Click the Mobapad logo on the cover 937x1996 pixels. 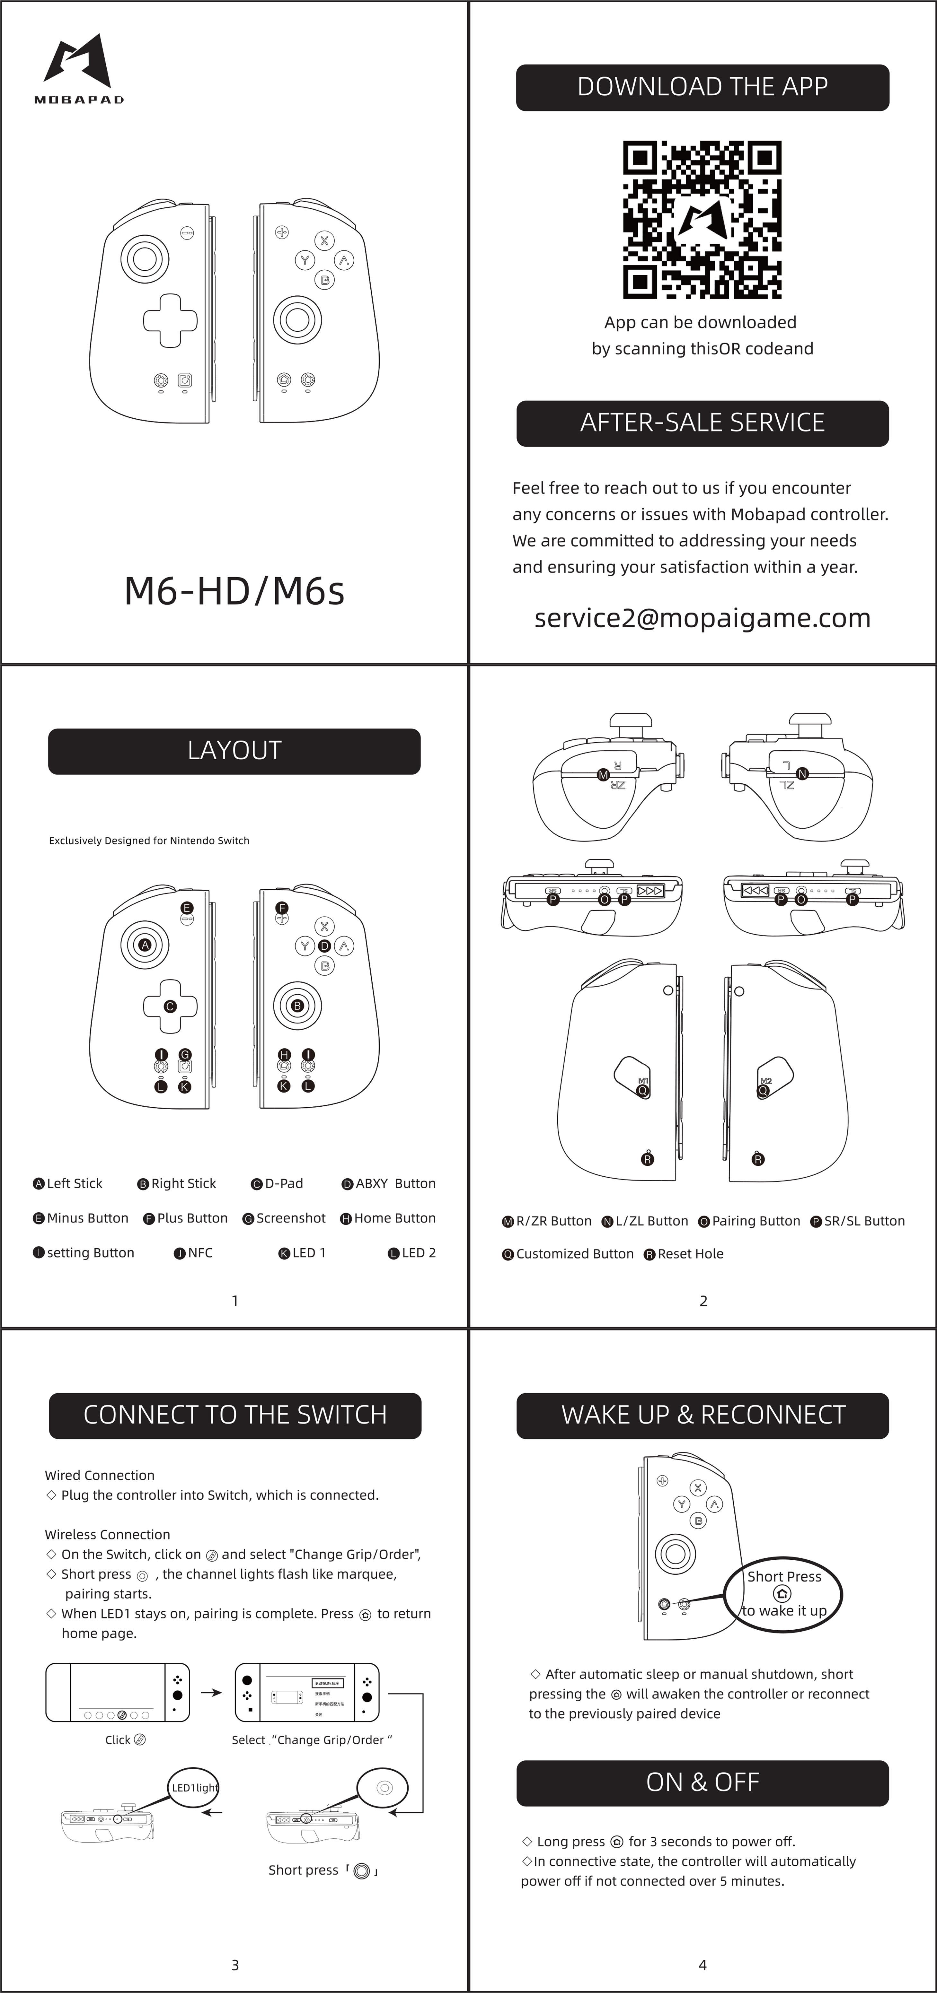pyautogui.click(x=78, y=68)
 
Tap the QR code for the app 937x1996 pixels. pyautogui.click(x=702, y=219)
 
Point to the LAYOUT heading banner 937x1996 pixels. pyautogui.click(x=234, y=751)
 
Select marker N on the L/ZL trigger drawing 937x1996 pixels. pyautogui.click(x=802, y=773)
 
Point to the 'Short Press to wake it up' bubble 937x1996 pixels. pyautogui.click(x=783, y=1594)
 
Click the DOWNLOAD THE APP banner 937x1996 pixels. pyautogui.click(x=702, y=87)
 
